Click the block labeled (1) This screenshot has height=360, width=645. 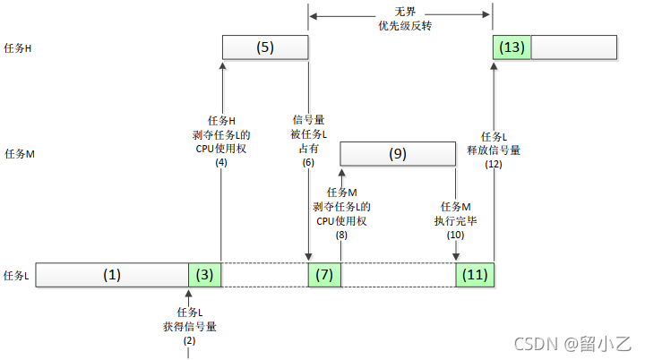(111, 275)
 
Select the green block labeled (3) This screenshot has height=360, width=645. (205, 275)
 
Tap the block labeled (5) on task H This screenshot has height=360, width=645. (264, 47)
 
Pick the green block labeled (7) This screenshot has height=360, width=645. (324, 275)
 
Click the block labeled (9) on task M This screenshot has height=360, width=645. (399, 154)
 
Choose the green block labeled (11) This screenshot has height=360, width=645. (475, 275)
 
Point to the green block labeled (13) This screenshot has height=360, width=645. (512, 47)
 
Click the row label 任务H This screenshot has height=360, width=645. (19, 48)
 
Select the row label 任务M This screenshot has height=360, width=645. (19, 154)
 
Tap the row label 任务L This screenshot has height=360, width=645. (18, 276)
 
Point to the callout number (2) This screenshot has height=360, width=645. (188, 340)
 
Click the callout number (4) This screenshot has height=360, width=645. (220, 162)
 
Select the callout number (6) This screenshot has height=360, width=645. (308, 162)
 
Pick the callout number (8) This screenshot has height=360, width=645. (341, 235)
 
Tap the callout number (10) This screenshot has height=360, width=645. (456, 235)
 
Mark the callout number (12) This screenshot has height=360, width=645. (494, 165)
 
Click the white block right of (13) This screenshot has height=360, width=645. (574, 47)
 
